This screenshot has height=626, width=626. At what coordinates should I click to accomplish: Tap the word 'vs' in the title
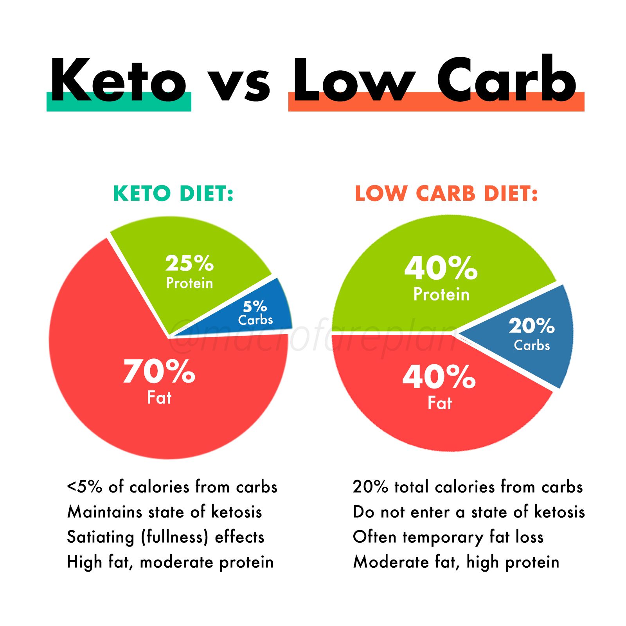[239, 84]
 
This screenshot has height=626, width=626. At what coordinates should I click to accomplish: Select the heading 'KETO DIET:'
[173, 193]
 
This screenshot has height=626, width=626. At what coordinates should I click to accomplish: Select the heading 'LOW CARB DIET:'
[446, 193]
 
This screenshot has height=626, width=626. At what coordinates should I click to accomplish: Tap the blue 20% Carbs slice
[544, 352]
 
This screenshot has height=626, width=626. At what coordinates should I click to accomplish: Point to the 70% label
[159, 371]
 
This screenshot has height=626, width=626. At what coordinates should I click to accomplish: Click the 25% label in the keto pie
[189, 263]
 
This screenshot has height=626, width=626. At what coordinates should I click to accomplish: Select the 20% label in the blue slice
[532, 326]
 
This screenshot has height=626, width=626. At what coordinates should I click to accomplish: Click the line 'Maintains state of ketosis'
[164, 512]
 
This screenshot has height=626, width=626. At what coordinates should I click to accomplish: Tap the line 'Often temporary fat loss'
[448, 537]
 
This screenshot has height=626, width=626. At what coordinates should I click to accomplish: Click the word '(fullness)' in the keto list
[174, 537]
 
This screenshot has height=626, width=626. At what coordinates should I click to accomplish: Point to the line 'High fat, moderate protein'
[170, 562]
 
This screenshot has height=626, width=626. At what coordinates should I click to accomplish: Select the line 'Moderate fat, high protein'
[456, 562]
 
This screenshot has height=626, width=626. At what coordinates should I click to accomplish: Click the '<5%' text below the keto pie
[85, 487]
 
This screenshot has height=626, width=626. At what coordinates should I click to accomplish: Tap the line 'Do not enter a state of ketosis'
[469, 512]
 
